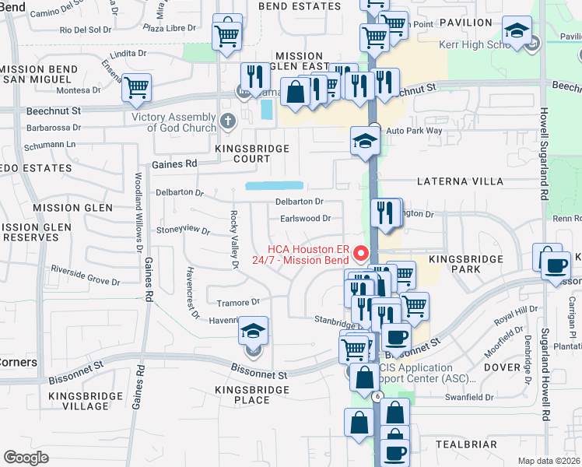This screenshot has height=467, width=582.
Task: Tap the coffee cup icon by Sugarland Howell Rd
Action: (x=556, y=265)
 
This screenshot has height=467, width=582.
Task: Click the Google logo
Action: (x=26, y=458)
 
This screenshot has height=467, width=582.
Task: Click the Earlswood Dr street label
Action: (x=306, y=219)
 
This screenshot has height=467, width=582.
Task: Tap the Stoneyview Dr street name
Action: (x=184, y=230)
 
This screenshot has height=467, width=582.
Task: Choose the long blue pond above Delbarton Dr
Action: (x=274, y=186)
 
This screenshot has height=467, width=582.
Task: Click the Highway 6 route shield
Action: (x=377, y=396)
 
